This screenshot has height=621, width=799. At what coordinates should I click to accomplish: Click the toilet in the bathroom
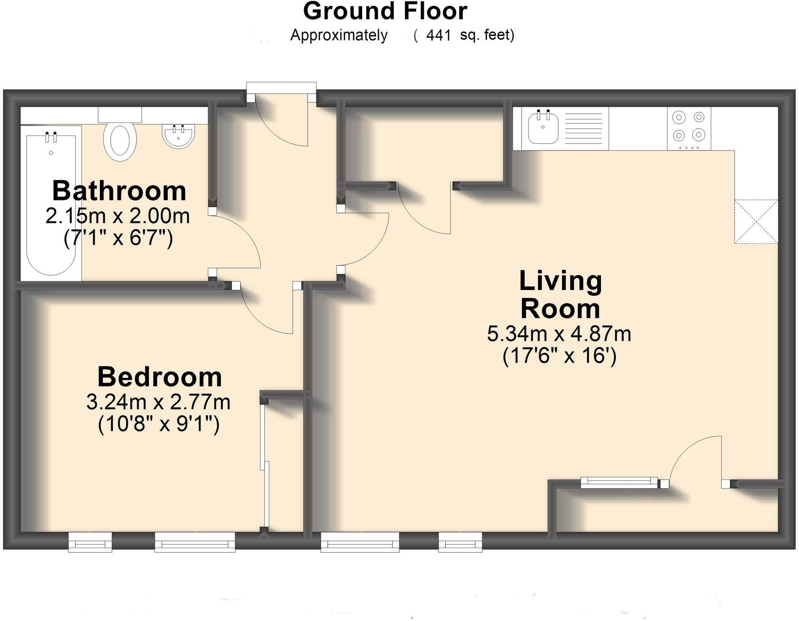pyautogui.click(x=120, y=140)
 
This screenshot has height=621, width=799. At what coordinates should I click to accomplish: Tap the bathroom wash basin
pyautogui.click(x=178, y=136)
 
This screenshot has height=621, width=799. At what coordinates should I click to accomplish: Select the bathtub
pyautogui.click(x=51, y=203)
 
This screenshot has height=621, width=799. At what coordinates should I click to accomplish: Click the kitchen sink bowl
pyautogui.click(x=543, y=128)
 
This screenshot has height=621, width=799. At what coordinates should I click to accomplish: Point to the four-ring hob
pyautogui.click(x=688, y=128)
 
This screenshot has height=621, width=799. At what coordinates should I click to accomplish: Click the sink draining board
pyautogui.click(x=583, y=128)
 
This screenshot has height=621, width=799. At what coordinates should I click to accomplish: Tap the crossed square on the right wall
pyautogui.click(x=756, y=222)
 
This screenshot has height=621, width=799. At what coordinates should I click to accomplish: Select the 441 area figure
pyautogui.click(x=438, y=35)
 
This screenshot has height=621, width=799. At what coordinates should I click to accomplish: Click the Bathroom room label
pyautogui.click(x=119, y=191)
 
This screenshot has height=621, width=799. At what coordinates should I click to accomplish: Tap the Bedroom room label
pyautogui.click(x=160, y=377)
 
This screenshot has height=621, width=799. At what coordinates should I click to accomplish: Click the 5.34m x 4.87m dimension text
pyautogui.click(x=559, y=334)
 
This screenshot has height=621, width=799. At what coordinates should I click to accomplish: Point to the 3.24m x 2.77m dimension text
pyautogui.click(x=158, y=402)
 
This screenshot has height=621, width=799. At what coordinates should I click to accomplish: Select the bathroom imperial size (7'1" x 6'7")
pyautogui.click(x=118, y=238)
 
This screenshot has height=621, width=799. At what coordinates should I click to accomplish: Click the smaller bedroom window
pyautogui.click(x=90, y=542)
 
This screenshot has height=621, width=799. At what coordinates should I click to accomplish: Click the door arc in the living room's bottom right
pyautogui.click(x=696, y=459)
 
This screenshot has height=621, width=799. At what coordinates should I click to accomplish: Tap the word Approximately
pyautogui.click(x=339, y=35)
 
